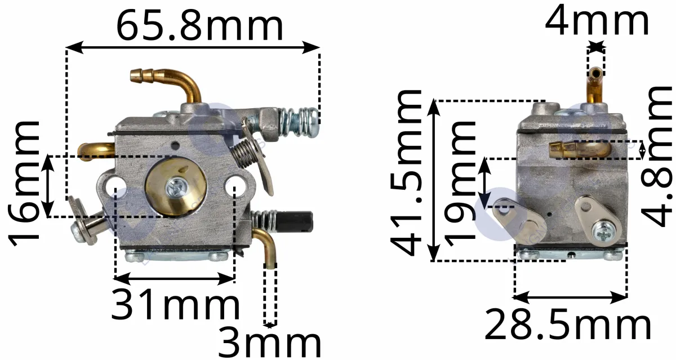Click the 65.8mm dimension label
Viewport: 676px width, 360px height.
[199, 25]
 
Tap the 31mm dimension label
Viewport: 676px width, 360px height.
[176, 304]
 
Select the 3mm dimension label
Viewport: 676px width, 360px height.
[269, 344]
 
